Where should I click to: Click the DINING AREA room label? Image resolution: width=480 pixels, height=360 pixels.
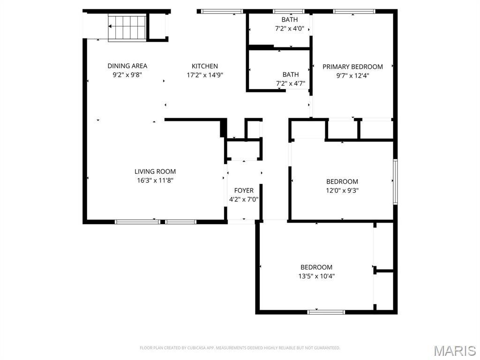[x=127, y=66]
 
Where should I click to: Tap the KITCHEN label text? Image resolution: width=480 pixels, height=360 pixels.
[x=205, y=66]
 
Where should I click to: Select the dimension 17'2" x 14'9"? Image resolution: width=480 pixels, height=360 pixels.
[x=205, y=75]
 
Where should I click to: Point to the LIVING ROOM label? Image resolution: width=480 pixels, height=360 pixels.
[x=155, y=172]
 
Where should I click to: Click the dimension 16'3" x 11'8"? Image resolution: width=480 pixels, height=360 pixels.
[x=155, y=180]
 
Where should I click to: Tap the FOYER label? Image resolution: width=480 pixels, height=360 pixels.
[x=244, y=190]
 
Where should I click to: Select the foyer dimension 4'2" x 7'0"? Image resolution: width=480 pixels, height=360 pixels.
[x=244, y=199]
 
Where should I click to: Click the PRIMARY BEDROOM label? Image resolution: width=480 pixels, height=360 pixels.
[x=352, y=67]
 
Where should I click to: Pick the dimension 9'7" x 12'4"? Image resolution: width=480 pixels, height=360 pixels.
[x=352, y=75]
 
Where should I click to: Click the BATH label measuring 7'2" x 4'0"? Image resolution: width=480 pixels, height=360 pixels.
[x=289, y=20]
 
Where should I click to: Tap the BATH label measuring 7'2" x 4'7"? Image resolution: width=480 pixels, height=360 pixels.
[x=290, y=75]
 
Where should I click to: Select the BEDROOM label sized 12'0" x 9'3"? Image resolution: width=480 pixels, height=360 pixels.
[x=342, y=181]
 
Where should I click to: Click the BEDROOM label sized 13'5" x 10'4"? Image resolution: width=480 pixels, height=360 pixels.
[x=316, y=267]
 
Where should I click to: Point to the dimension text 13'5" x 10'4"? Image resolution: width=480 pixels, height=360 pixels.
[x=316, y=276]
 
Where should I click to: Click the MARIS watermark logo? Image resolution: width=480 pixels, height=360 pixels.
[x=455, y=351]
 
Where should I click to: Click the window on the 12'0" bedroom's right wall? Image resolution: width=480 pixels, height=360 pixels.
[x=395, y=182]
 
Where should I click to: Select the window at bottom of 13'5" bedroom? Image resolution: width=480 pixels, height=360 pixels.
[x=326, y=312]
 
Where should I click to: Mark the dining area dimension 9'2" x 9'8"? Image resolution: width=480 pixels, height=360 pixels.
[x=127, y=75]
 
